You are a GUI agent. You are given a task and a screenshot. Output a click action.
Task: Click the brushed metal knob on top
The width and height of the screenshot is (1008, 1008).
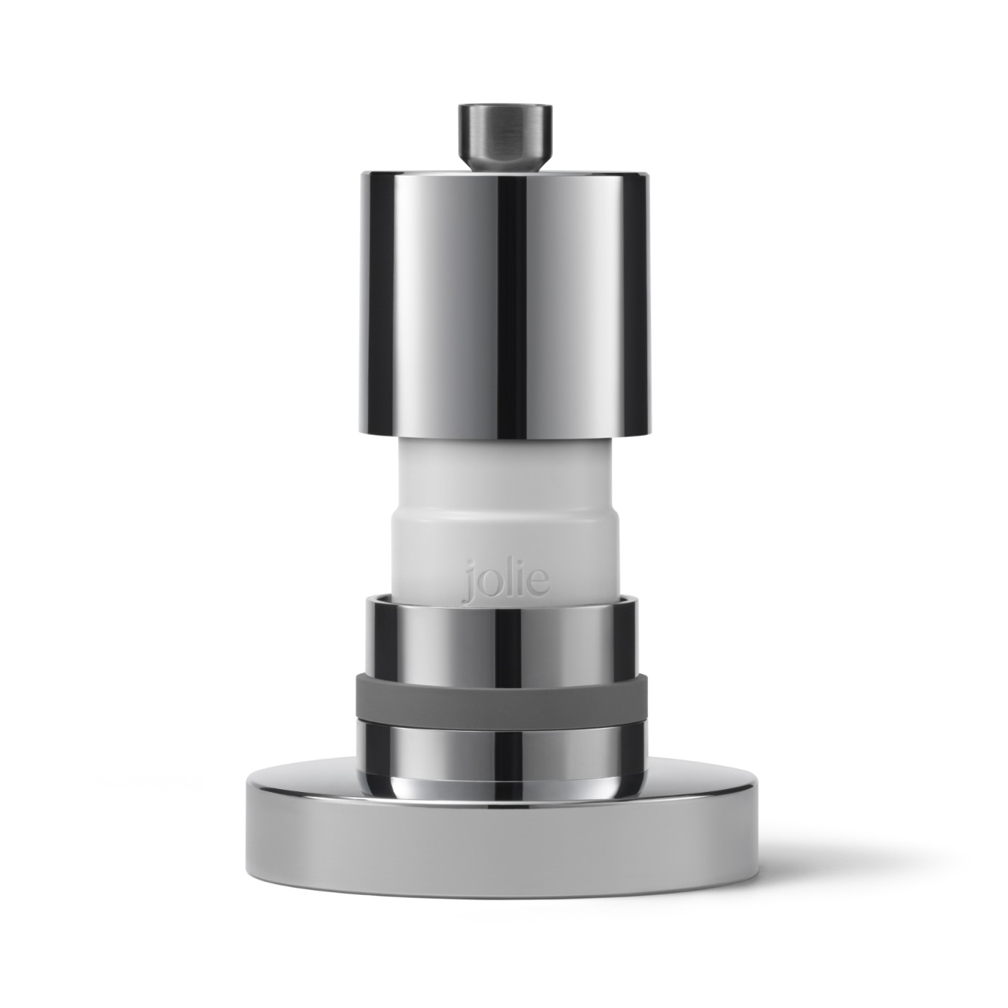(505, 137)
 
